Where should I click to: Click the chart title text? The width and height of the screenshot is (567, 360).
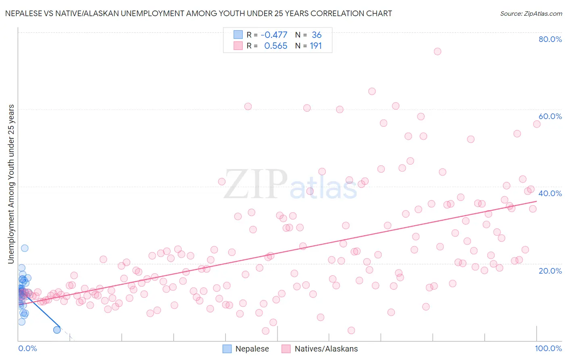pos(198,14)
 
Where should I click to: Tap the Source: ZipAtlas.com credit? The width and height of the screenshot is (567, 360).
pos(531,14)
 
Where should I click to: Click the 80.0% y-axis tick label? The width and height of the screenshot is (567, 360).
pos(550,39)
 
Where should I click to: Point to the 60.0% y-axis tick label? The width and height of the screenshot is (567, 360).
pos(550,116)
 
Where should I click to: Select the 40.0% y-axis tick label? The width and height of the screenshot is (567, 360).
pos(550,193)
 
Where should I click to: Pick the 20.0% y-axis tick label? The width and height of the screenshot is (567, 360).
pos(550,271)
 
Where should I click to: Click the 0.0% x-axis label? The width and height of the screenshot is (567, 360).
pos(27,348)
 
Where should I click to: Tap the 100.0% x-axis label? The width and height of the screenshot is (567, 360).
pos(548,348)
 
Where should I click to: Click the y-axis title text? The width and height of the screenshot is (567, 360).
pos(11,184)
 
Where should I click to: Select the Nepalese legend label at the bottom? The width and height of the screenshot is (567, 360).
pos(252,349)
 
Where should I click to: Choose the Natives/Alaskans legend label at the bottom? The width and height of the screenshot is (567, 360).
pos(326,349)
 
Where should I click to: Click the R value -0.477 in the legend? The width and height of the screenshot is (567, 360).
pos(274,35)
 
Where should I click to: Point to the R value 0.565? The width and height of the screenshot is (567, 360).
pos(276,46)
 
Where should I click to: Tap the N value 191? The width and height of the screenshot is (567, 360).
pos(316,46)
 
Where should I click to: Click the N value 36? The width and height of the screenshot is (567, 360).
pos(317,35)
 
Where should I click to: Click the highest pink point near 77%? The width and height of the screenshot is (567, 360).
pos(437,51)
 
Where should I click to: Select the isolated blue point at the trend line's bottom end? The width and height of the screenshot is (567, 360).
pos(57,330)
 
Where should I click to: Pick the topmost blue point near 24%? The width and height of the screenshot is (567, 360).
pos(25,248)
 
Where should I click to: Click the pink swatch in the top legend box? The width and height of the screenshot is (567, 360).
pos(238,46)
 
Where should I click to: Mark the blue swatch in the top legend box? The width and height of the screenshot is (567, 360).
pos(238,35)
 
